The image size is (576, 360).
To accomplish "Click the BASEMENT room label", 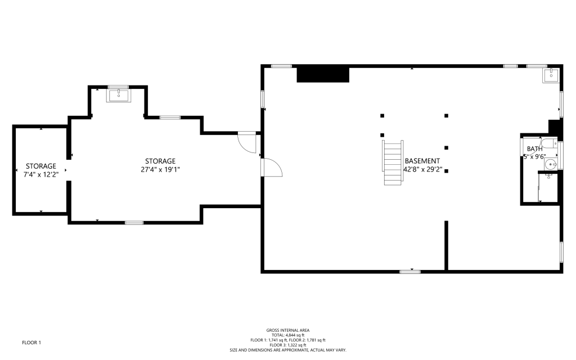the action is click(422, 161).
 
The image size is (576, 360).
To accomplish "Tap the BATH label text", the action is click(534, 148).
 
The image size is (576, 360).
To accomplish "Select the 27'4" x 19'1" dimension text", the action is click(160, 170).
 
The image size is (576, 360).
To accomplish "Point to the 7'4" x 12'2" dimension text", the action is click(41, 174).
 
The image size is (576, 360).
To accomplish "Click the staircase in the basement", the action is click(393, 163).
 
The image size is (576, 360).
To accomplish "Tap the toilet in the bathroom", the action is click(549, 143).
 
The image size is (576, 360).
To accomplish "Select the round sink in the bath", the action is click(550, 164).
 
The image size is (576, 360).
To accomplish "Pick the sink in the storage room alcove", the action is click(119, 94).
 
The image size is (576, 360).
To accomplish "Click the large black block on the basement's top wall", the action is click(323, 75).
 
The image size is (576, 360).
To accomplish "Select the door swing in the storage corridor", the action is click(247, 142).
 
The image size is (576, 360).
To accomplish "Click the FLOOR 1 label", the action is click(31, 343).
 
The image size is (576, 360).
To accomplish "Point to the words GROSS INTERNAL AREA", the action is click(288, 330).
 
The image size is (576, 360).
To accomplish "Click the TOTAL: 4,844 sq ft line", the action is click(288, 335).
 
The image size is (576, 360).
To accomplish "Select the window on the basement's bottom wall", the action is click(410, 272).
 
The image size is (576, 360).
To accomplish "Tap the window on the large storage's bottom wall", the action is click(134, 223).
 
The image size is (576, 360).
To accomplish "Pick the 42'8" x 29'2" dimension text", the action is click(423, 170).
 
